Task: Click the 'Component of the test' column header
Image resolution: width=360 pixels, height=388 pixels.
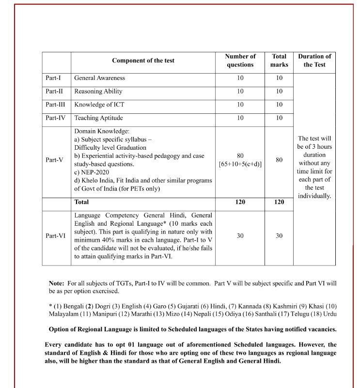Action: point(143,61)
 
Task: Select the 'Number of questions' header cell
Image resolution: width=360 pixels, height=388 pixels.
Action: point(240,61)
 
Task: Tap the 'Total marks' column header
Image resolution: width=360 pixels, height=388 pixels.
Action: point(279,61)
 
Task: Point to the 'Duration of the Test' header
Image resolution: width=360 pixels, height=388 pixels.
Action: point(314,61)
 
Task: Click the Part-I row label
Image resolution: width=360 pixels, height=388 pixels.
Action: point(53,78)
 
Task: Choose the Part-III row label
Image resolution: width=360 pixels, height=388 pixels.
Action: point(55,105)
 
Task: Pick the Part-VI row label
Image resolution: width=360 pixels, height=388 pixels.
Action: point(55,236)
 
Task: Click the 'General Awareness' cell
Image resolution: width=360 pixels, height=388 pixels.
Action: point(99,78)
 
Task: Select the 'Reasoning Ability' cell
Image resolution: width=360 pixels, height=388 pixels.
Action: point(98,92)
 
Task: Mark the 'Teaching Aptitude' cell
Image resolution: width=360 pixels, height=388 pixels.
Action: point(98,118)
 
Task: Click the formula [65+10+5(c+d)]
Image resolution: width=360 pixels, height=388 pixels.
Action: point(240,164)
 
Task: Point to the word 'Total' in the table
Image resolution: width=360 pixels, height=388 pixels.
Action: point(81,202)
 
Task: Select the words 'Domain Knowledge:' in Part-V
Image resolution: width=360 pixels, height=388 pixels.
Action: point(102,131)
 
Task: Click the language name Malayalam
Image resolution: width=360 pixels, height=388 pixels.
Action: point(66,314)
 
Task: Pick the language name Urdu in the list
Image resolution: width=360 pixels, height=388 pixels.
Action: point(329,314)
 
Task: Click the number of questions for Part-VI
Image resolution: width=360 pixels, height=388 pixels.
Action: point(240,236)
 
